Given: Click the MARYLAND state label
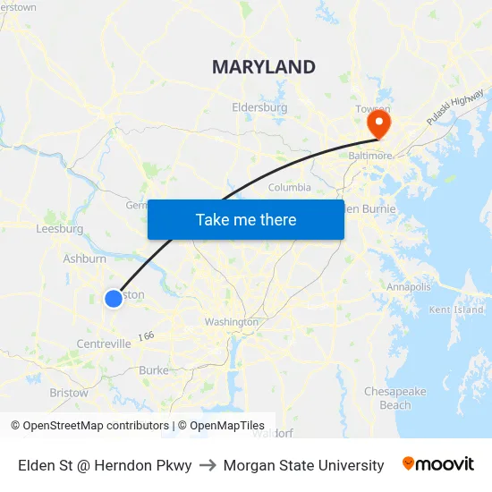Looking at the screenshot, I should [263, 67].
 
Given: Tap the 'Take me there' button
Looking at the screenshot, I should [246, 219].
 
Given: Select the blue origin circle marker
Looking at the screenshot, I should [114, 299].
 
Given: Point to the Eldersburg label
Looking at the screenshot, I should [259, 107].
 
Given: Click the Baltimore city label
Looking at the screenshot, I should [369, 155].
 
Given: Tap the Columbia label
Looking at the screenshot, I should [290, 188].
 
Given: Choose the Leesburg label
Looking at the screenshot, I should [59, 229].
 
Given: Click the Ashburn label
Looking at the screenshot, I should [84, 259].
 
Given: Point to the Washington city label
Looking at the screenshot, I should [231, 322].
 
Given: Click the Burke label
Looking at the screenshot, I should [153, 370].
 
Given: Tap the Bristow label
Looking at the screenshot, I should [69, 393].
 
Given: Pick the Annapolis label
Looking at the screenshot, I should [409, 287].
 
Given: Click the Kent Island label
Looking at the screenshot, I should [456, 310].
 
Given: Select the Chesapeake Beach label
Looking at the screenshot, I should [394, 398].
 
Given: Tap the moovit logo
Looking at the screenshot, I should [437, 464].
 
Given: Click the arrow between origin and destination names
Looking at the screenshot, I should [208, 465].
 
